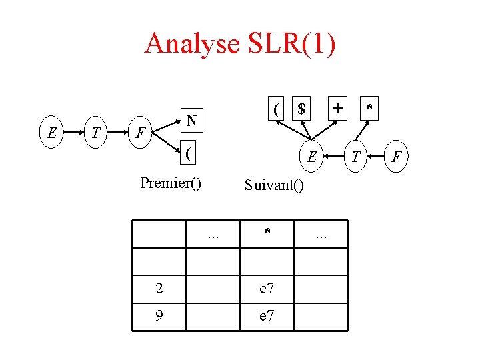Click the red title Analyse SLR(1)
240,43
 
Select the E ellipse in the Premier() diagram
51,133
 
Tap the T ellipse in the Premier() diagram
96,133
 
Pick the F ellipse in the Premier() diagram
139,133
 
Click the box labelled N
191,121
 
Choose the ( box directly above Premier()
191,154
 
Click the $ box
301,107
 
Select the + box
339,107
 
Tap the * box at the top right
369,107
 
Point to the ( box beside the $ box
276,107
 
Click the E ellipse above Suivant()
311,157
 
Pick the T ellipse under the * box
357,157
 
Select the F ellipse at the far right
397,157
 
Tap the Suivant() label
274,185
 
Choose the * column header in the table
267,233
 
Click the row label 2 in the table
159,288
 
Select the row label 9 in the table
159,316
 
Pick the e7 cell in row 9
267,316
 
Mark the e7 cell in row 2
267,288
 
